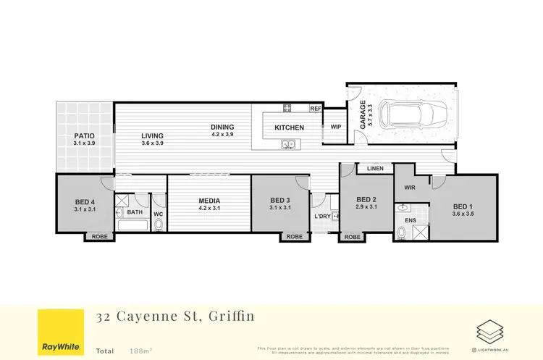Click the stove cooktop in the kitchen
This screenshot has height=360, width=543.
pyautogui.click(x=287, y=109)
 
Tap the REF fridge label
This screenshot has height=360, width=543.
pyautogui.click(x=316, y=109)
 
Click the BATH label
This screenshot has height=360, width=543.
pyautogui.click(x=135, y=213)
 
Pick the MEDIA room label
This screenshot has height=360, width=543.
pyautogui.click(x=209, y=201)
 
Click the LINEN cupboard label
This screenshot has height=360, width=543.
pyautogui.click(x=375, y=168)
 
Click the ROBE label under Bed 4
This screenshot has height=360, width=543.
pyautogui.click(x=99, y=237)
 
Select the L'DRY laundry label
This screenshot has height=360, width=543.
pyautogui.click(x=322, y=217)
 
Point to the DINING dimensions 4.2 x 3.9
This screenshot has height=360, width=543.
pyautogui.click(x=222, y=134)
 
